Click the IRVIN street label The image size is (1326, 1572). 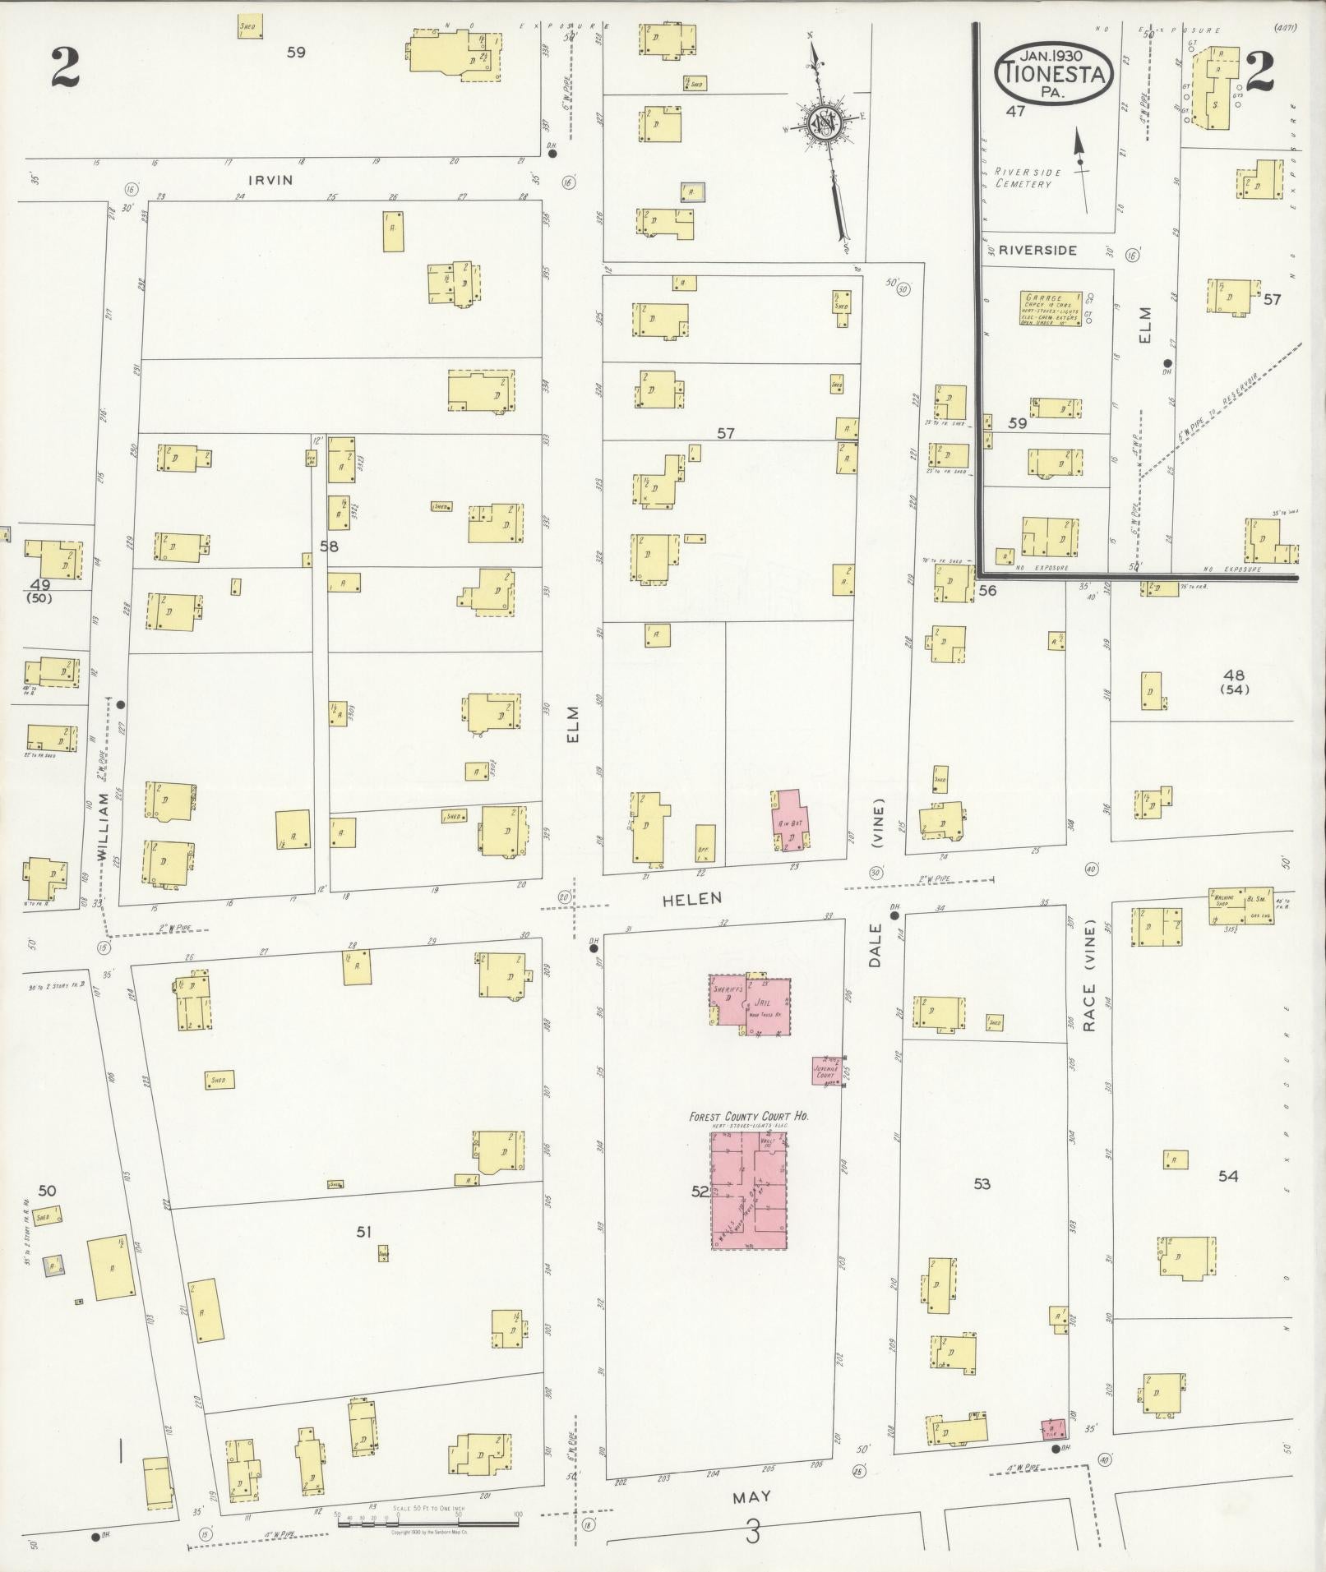click(x=271, y=179)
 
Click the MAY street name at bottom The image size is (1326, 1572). click(x=751, y=1496)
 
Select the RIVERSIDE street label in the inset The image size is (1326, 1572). click(x=1038, y=250)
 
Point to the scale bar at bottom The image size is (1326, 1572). click(x=427, y=1524)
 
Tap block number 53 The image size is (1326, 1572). click(x=982, y=1184)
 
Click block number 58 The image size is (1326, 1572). click(x=330, y=545)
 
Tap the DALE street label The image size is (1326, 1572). click(x=874, y=945)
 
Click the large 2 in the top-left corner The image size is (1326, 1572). click(x=64, y=67)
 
